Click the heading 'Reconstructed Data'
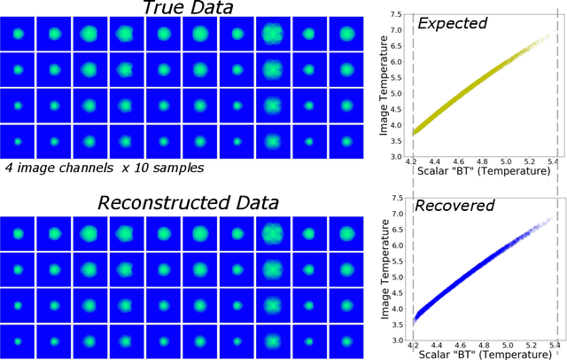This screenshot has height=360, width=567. click(x=188, y=203)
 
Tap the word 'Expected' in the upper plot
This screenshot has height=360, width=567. click(x=454, y=24)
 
